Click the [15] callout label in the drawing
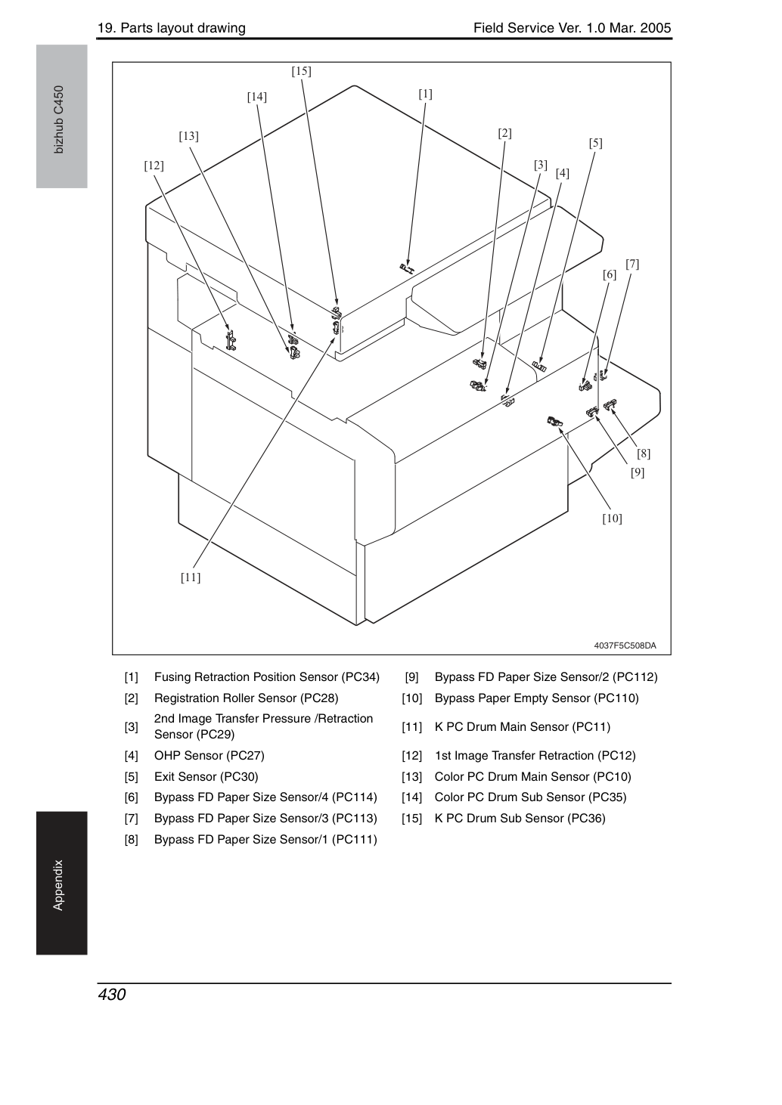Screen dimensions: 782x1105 (x=301, y=71)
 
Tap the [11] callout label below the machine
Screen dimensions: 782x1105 (x=191, y=577)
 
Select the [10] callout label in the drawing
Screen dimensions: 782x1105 (x=612, y=518)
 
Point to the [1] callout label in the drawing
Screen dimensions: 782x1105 (x=426, y=94)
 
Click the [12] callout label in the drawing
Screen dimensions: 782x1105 (x=154, y=166)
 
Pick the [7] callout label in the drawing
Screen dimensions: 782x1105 (x=632, y=264)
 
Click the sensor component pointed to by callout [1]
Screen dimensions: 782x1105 (x=408, y=268)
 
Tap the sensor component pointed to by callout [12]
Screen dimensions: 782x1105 (x=231, y=340)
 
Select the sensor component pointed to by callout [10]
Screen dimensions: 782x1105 (x=554, y=421)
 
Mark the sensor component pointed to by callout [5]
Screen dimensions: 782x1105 (x=539, y=366)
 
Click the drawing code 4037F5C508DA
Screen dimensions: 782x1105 (x=625, y=645)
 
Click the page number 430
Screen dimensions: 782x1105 (x=112, y=994)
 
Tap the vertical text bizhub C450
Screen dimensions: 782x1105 (x=59, y=119)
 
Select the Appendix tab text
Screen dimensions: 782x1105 (x=58, y=885)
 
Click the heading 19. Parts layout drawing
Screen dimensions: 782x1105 (x=172, y=28)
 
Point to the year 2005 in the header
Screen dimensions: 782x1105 (x=656, y=28)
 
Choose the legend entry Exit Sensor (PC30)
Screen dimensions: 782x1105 (x=206, y=776)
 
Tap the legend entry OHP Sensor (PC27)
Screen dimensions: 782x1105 (x=209, y=755)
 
